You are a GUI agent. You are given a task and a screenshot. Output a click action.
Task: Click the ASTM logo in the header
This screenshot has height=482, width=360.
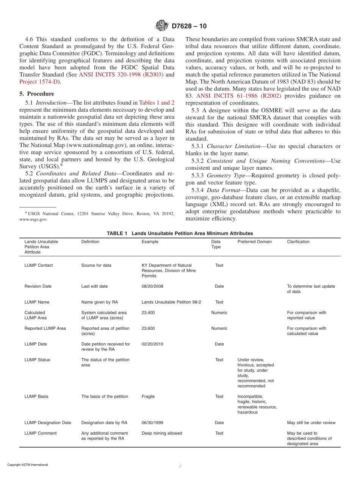pyautogui.click(x=162, y=26)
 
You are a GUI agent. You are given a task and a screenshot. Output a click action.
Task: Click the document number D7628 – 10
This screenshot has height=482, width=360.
pyautogui.click(x=189, y=26)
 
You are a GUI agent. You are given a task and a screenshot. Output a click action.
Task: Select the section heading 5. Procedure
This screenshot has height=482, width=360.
pyautogui.click(x=37, y=94)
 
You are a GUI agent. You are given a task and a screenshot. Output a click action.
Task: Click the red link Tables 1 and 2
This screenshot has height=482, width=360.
pyautogui.click(x=157, y=102)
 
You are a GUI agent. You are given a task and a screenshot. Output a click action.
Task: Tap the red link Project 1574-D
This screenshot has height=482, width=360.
pyautogui.click(x=39, y=81)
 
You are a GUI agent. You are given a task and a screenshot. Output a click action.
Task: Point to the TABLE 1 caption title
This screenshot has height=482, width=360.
pyautogui.click(x=180, y=233)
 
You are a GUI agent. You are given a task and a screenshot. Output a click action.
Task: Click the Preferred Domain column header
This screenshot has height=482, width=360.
pyautogui.click(x=254, y=242)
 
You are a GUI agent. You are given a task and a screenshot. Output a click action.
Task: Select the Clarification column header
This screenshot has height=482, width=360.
pyautogui.click(x=298, y=242)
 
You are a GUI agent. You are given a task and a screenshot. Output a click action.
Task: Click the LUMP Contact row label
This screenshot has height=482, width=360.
pyautogui.click(x=39, y=265)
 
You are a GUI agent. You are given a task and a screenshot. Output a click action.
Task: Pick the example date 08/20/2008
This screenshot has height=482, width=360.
pyautogui.click(x=152, y=286)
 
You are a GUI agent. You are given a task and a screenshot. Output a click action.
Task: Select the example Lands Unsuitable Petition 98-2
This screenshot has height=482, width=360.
pyautogui.click(x=171, y=302)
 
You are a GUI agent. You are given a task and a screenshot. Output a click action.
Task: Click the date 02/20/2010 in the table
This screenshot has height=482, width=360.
pyautogui.click(x=152, y=344)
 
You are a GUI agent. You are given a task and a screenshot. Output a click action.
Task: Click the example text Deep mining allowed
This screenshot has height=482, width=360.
pyautogui.click(x=162, y=433)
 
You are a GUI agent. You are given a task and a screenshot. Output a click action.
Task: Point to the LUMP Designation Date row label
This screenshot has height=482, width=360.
pyautogui.click(x=48, y=423)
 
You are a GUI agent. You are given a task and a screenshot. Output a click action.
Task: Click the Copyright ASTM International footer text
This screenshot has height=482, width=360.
pyautogui.click(x=28, y=465)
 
